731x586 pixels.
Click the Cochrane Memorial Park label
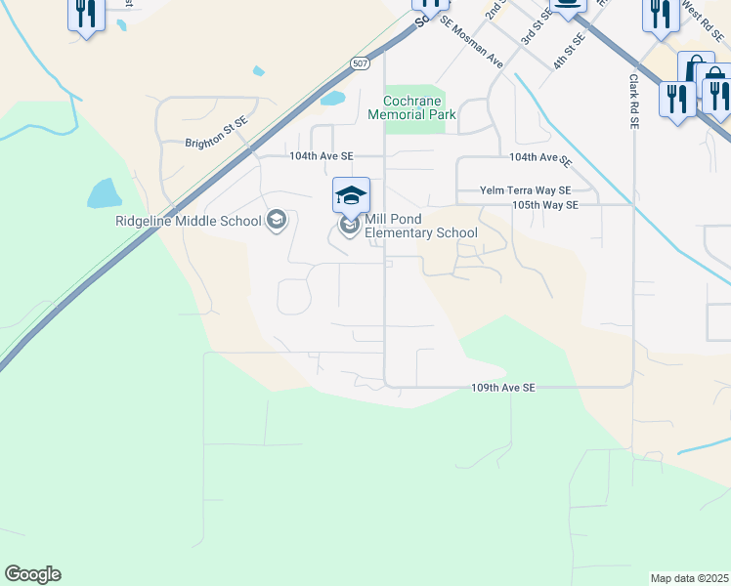(411, 107)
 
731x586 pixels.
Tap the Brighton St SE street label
(217, 143)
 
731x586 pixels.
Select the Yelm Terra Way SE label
(525, 191)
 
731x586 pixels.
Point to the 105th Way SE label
(545, 205)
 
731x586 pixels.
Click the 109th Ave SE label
(503, 388)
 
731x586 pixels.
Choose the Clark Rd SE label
(633, 102)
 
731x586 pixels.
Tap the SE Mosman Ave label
(471, 42)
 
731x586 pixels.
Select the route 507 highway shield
(359, 63)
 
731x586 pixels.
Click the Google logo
(32, 574)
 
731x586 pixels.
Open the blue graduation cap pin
(351, 196)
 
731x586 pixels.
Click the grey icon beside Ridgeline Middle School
(277, 220)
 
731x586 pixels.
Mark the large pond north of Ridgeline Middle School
(104, 192)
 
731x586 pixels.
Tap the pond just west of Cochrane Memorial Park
(331, 99)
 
